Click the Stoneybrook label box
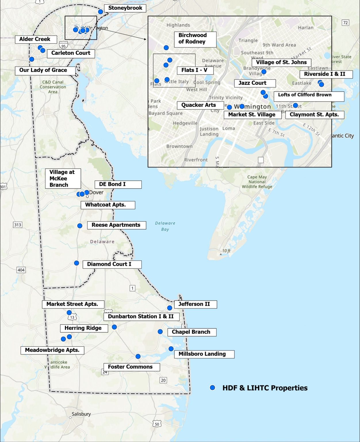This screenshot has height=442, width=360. pyautogui.click(x=125, y=8)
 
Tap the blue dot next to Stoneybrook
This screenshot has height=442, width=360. pyautogui.click(x=100, y=12)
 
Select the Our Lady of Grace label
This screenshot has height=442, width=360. pyautogui.click(x=45, y=71)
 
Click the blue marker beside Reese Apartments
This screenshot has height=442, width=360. pyautogui.click(x=80, y=226)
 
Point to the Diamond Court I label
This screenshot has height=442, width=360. pyautogui.click(x=112, y=264)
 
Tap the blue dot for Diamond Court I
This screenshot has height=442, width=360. pyautogui.click(x=76, y=263)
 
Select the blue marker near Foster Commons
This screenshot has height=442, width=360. pyautogui.click(x=138, y=357)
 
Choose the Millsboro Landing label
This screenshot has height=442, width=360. pyautogui.click(x=204, y=354)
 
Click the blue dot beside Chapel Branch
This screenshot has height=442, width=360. pyautogui.click(x=160, y=332)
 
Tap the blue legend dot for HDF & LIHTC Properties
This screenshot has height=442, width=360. pyautogui.click(x=212, y=388)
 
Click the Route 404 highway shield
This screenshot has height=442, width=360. pyautogui.click(x=21, y=270)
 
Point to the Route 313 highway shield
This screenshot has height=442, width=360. pyautogui.click(x=18, y=225)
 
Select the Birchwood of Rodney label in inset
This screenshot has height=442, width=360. pyautogui.click(x=195, y=39)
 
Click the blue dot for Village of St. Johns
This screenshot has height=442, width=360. pyautogui.click(x=264, y=71)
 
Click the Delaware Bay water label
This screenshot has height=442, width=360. pyautogui.click(x=165, y=226)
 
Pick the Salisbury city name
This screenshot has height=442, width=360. pyautogui.click(x=81, y=414)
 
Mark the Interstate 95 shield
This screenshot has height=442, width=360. pyautogui.click(x=63, y=45)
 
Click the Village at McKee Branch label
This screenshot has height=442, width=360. pyautogui.click(x=63, y=179)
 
